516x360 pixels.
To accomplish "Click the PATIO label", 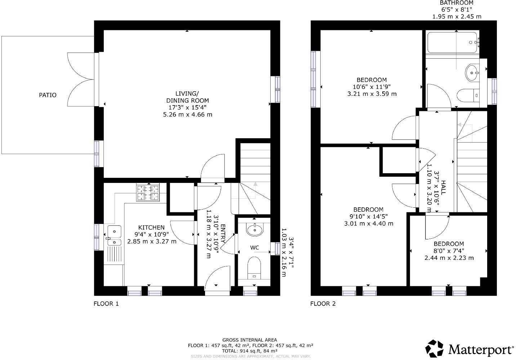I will pos(48,95).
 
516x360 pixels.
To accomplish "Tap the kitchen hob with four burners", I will pos(148,192).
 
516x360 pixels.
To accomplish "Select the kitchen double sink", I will pos(114,236).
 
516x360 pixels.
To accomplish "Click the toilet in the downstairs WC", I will pos(254,267).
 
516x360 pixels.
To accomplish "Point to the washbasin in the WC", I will pos(255,229).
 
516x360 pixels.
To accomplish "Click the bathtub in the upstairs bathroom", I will pos(453,42).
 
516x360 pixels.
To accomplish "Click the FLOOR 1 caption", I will pos(106,303).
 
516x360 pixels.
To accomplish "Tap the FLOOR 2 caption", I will pos(323,303).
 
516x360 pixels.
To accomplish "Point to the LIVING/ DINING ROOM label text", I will pos(187,97).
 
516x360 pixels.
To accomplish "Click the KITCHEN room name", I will pos(151,228).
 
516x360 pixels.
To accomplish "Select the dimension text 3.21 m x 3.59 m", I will pos(372,94).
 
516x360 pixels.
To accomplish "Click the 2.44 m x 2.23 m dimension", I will pos(449,258).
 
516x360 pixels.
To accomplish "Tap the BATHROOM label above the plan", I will pos(457,3).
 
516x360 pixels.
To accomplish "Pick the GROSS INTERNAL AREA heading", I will pos(250,340).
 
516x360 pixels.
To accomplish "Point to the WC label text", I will pos(254,248).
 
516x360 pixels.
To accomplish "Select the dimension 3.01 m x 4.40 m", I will pos(368,223).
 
